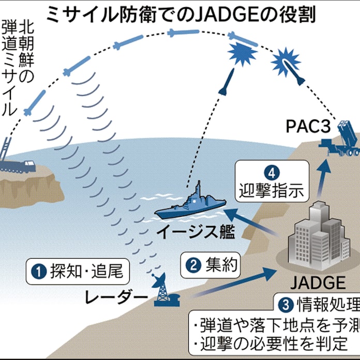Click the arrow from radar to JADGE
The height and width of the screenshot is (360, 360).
click(x=233, y=282)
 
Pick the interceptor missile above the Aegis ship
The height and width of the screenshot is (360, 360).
click(x=224, y=88)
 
